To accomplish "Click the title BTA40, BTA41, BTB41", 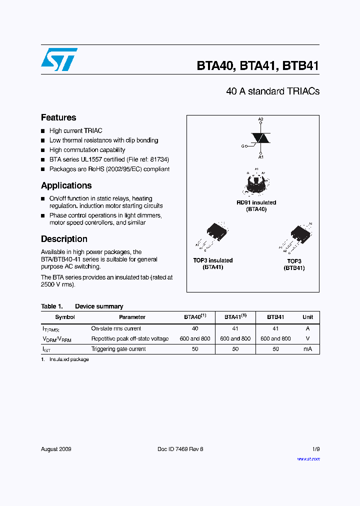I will (x=257, y=66).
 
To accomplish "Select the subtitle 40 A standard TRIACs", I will (x=272, y=91).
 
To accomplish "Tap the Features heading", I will (x=58, y=117).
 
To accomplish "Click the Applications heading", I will (x=66, y=185).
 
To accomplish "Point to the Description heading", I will (x=64, y=239).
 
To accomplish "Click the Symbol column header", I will (x=65, y=317).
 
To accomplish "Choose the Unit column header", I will (x=307, y=317).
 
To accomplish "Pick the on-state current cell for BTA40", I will (x=195, y=328).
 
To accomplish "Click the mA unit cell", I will (x=307, y=349).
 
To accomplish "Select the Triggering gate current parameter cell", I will (x=118, y=349).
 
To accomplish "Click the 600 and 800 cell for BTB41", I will (x=275, y=338).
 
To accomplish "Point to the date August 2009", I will (x=56, y=449).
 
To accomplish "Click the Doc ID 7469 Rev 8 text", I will (x=180, y=449).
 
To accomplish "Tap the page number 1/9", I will (x=315, y=449).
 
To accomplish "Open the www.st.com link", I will (x=308, y=459).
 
